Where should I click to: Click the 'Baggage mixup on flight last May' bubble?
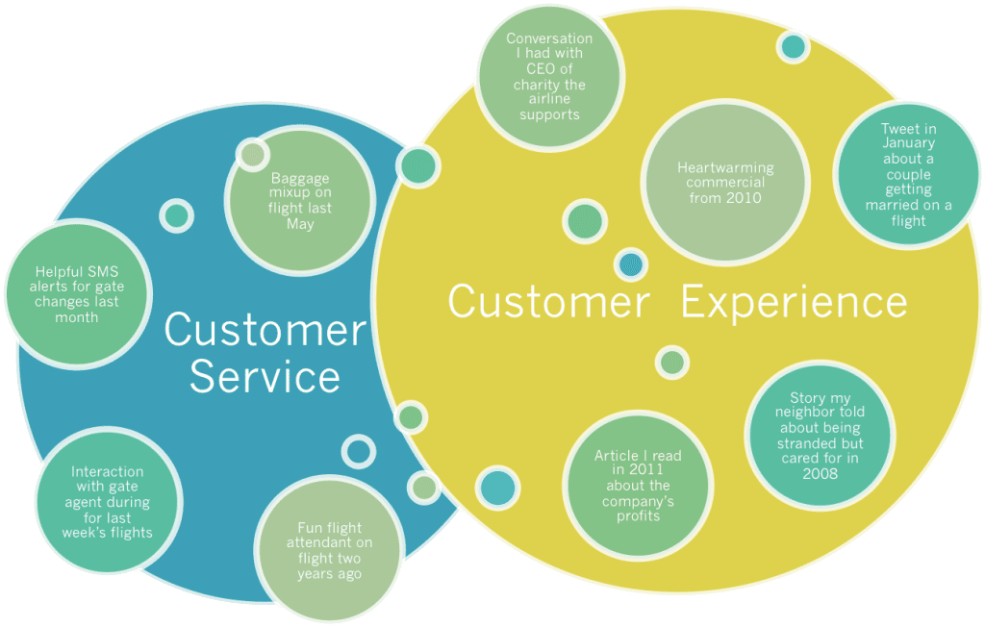point(300,201)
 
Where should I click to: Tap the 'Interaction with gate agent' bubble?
point(108,501)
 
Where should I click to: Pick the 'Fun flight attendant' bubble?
point(329,550)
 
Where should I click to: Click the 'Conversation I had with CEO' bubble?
point(549,77)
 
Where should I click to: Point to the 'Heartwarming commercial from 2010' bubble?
point(725,182)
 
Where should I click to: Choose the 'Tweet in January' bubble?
point(908,175)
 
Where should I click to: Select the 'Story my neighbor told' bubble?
point(820,436)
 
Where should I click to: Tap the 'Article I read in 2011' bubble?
point(638,485)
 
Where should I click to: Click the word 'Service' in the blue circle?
point(265,377)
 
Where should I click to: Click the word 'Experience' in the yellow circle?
point(794,303)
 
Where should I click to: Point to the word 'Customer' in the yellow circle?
point(548,302)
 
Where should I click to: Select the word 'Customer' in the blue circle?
point(265,329)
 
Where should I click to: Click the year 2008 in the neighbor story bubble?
point(820,474)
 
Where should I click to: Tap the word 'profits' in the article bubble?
point(639,515)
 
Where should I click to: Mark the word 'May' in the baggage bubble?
point(300,224)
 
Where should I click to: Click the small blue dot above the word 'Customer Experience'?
point(631,264)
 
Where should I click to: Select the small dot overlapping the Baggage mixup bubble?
point(253,154)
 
